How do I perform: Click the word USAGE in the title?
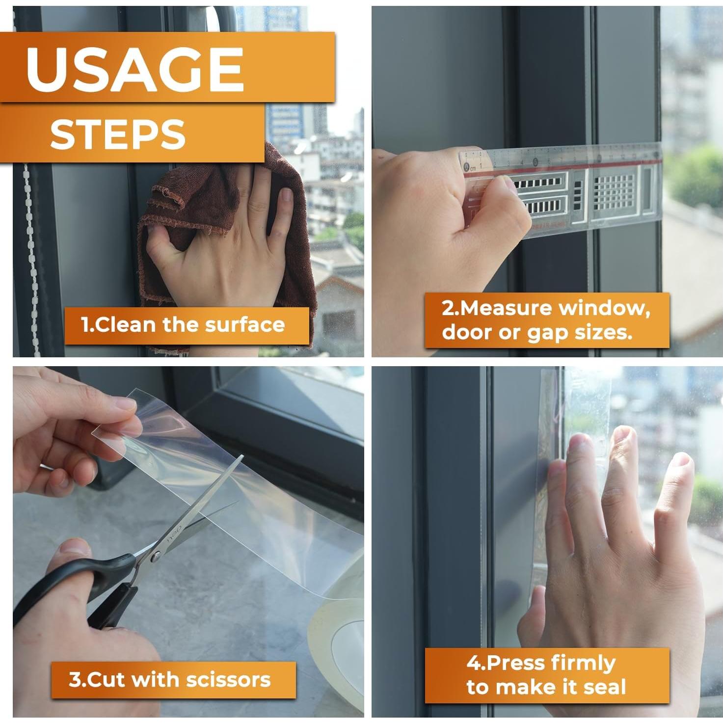click(x=135, y=70)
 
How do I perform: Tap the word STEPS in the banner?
click(x=118, y=134)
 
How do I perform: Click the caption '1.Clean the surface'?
click(x=183, y=324)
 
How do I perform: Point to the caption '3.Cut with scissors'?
click(x=170, y=679)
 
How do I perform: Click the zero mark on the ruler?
click(x=466, y=166)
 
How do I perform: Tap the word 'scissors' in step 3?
click(x=228, y=680)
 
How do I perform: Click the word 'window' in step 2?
click(x=604, y=308)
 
